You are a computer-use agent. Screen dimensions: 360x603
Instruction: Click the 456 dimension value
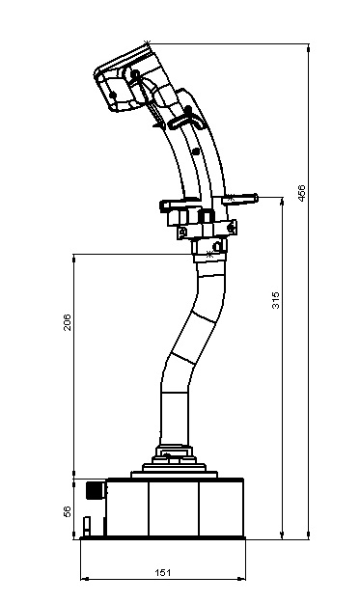(x=302, y=193)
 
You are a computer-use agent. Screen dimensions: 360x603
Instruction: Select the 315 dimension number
(x=276, y=300)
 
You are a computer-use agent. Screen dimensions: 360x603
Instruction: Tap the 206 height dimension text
(x=68, y=322)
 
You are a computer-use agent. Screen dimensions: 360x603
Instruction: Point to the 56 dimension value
(x=68, y=511)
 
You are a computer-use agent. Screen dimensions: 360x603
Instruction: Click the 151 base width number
(x=162, y=573)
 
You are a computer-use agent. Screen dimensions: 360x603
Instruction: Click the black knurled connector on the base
(x=95, y=489)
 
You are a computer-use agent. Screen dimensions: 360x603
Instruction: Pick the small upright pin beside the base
(x=87, y=526)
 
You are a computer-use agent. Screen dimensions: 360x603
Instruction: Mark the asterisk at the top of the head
(x=147, y=42)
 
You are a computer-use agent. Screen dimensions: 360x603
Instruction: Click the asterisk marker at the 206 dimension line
(x=209, y=254)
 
